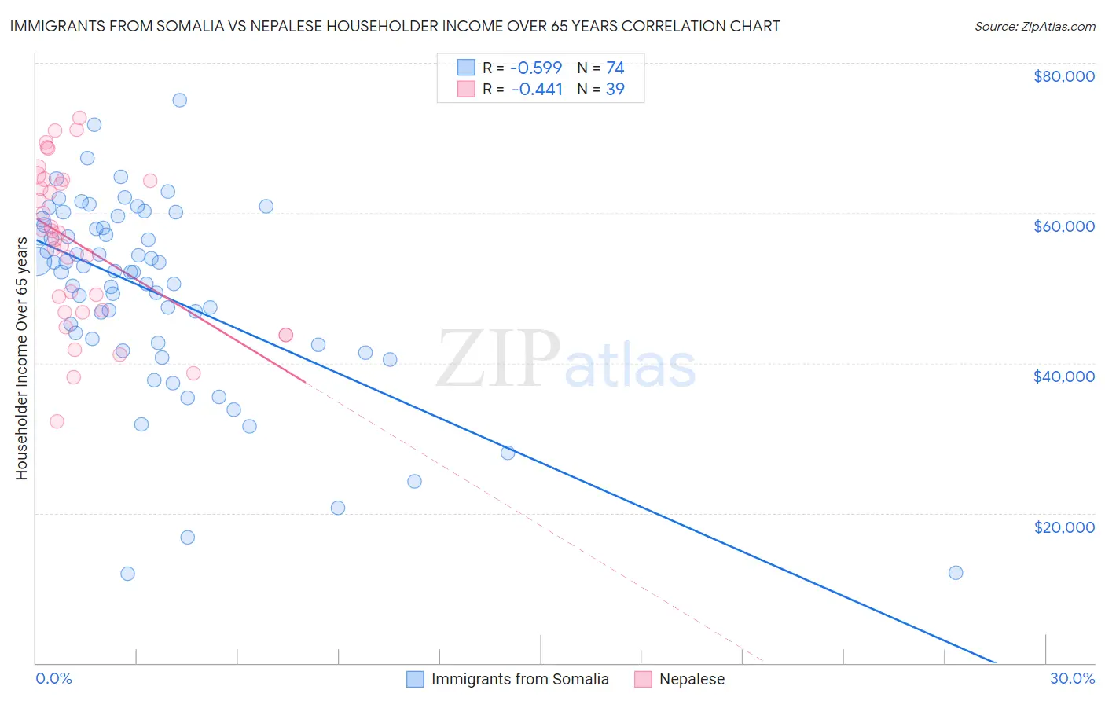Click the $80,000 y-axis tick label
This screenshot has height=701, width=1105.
[1063, 76]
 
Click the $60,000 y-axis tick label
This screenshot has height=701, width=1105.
[1063, 226]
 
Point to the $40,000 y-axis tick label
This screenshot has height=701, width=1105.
[1063, 376]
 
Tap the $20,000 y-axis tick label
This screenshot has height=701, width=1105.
[1063, 527]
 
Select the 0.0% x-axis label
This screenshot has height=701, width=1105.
[53, 678]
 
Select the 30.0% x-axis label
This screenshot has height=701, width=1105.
[1072, 678]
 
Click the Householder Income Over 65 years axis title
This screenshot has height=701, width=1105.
[21, 358]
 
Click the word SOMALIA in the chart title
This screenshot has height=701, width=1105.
[207, 26]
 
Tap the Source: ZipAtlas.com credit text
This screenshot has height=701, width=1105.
[1034, 26]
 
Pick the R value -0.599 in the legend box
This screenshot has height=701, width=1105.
[537, 68]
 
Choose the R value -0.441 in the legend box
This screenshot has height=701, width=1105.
[537, 90]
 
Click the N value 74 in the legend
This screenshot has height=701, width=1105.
[615, 68]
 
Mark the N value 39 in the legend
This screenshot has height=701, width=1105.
[615, 90]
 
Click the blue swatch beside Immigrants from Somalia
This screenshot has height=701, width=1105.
[415, 679]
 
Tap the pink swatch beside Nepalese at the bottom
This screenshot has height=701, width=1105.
[643, 679]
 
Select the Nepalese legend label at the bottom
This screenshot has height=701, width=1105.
[692, 679]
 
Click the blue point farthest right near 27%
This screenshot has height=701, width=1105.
[956, 573]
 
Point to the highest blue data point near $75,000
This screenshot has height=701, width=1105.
[179, 100]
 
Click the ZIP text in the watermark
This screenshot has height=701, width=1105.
[498, 359]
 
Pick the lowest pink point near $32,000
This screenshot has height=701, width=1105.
[57, 421]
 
